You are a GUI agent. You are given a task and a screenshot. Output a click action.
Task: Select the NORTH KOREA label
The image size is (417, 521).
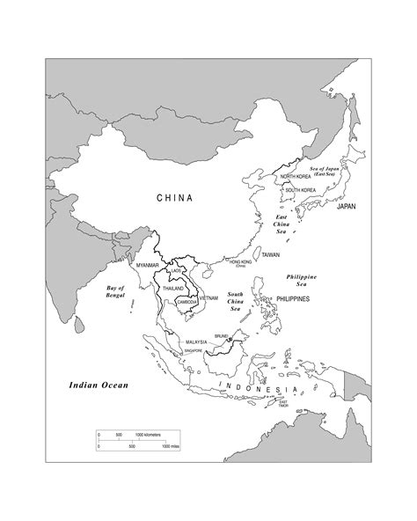297,177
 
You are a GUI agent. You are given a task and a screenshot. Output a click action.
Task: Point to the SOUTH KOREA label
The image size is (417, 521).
300,190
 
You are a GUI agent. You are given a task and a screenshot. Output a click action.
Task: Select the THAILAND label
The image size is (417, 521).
173,288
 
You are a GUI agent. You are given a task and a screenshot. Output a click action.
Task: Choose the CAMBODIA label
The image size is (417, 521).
187,302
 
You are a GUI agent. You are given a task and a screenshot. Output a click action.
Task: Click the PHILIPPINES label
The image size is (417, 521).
292,299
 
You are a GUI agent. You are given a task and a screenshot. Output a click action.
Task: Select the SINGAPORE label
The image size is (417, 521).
193,351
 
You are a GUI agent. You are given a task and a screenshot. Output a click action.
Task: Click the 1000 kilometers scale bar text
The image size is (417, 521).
148,435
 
